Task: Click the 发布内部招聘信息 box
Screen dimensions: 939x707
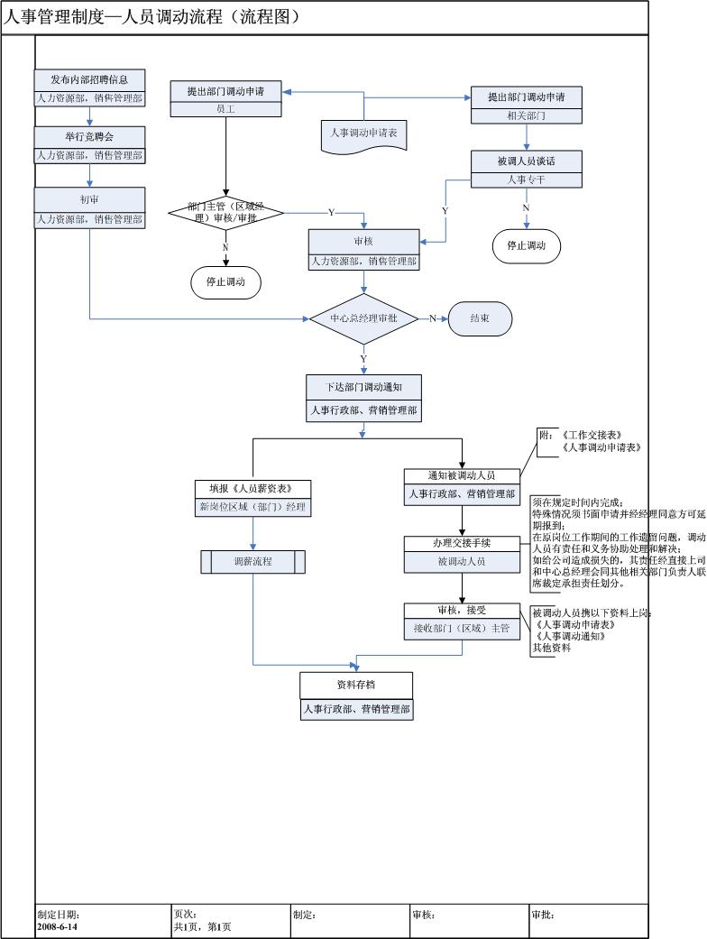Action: coord(89,79)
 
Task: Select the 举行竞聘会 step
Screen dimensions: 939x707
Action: coord(89,136)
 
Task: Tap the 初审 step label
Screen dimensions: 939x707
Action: coord(89,199)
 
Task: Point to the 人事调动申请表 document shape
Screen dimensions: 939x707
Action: coord(363,133)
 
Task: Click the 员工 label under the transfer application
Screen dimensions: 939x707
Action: coord(225,108)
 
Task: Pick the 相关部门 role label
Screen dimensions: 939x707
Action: coord(527,115)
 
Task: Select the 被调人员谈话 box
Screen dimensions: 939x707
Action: coord(527,161)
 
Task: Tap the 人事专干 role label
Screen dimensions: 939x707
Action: coord(527,180)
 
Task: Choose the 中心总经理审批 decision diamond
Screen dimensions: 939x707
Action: coord(363,318)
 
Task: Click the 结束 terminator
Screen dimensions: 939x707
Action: coord(480,318)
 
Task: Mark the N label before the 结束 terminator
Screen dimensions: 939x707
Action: coord(433,318)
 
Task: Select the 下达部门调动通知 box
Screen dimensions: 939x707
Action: coord(363,387)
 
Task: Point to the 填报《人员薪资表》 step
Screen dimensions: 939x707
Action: coord(252,488)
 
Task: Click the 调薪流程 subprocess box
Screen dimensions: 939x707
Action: coord(252,561)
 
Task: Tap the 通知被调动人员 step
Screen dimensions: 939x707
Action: coord(462,475)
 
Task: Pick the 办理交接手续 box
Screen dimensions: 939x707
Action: coord(462,543)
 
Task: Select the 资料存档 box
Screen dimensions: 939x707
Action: coord(356,685)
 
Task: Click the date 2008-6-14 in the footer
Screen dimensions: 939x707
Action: coord(58,926)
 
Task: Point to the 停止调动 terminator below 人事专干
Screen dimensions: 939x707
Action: coord(527,245)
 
